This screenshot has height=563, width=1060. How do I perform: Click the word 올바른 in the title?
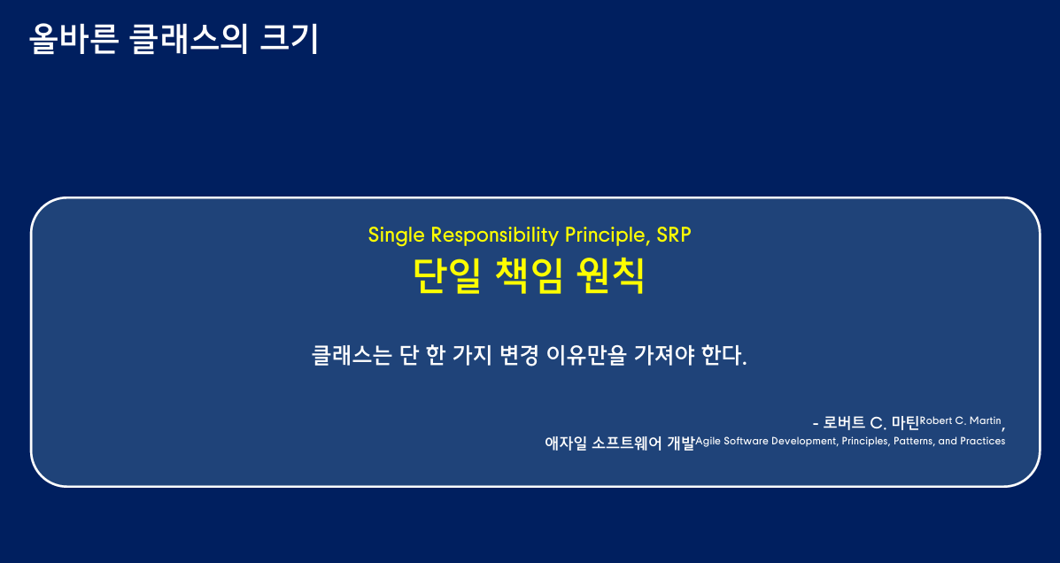click(x=74, y=39)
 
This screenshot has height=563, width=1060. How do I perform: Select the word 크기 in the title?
click(x=289, y=39)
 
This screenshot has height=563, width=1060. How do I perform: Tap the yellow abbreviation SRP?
click(x=674, y=235)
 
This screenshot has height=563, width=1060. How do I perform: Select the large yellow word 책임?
click(x=529, y=275)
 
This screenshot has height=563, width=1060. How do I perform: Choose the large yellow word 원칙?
click(x=611, y=275)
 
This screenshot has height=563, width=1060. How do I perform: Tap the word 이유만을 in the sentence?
click(x=586, y=355)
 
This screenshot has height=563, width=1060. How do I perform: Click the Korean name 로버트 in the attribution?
click(x=844, y=423)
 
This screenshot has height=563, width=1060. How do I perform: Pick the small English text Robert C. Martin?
click(x=961, y=421)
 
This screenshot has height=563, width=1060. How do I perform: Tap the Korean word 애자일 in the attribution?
click(x=566, y=443)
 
